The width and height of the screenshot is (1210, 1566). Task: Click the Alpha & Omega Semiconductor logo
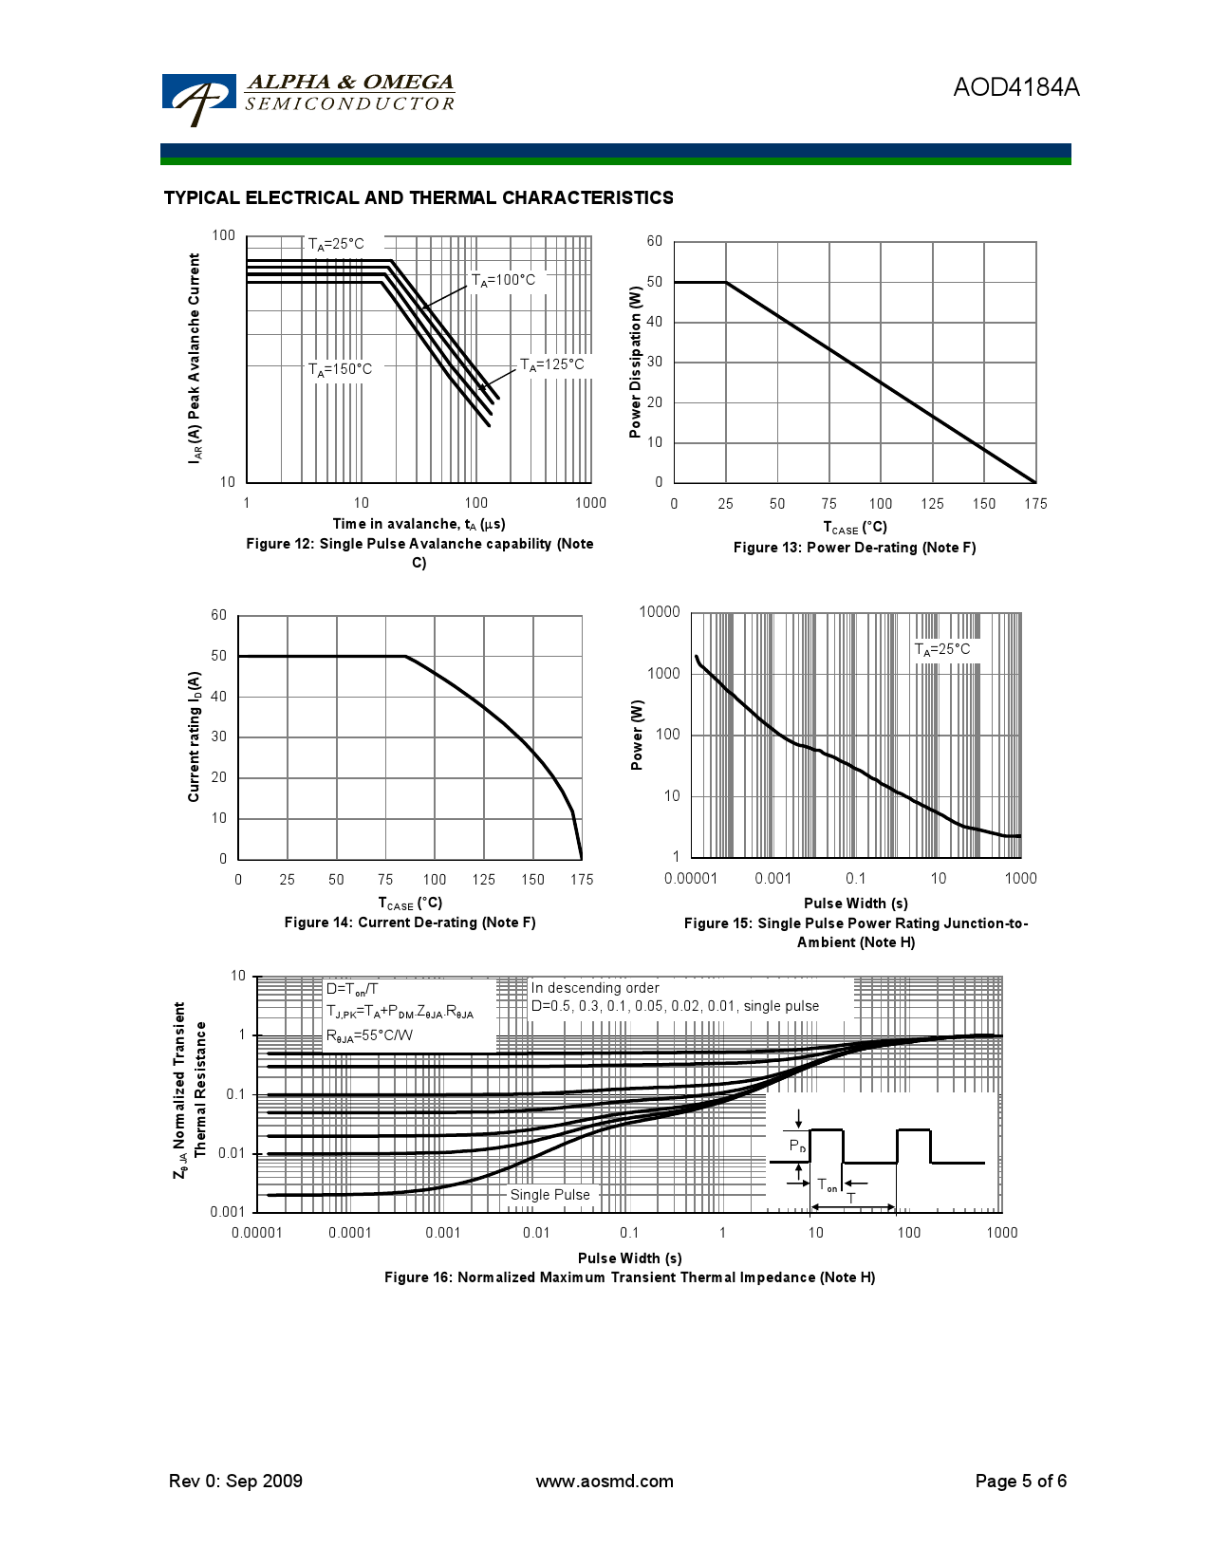pos(307,97)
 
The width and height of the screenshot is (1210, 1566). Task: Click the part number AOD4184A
pos(1015,87)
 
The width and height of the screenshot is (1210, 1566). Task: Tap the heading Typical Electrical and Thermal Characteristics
pos(419,197)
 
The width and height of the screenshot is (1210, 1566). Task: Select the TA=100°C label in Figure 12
pos(503,280)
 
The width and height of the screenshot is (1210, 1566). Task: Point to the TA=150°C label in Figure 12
pos(340,369)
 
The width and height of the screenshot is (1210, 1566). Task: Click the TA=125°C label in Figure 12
pos(551,364)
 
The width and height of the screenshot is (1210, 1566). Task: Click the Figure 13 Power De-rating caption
pos(854,548)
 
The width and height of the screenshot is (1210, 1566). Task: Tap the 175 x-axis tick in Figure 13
pos(1035,504)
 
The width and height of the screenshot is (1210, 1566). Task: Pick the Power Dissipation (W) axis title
pos(636,363)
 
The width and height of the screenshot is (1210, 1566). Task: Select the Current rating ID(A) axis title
pos(195,736)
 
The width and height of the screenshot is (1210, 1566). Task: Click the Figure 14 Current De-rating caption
pos(410,923)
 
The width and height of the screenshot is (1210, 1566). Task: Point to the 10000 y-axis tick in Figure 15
pos(659,612)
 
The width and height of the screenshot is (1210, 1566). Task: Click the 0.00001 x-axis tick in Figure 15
pos(691,879)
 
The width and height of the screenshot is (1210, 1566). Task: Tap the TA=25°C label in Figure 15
pos(941,649)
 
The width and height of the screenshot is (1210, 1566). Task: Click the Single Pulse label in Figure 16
pos(549,1195)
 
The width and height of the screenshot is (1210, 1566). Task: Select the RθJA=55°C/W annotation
pos(369,1035)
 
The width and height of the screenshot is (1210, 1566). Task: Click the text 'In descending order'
pos(594,988)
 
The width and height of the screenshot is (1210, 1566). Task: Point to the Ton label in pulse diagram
pos(828,1185)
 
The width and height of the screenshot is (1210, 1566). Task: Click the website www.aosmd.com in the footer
pos(605,1482)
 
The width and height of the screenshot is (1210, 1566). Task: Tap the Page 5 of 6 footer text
pos(1020,1482)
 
